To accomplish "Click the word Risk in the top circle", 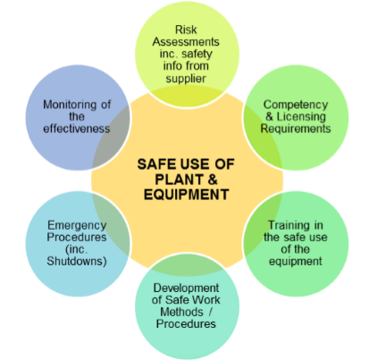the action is point(186,29).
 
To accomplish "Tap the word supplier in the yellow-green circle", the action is point(186,79).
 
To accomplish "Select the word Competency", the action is point(296,105).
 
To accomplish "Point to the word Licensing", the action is point(301,117).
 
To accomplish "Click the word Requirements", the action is point(296,129).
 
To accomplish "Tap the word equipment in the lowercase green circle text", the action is point(296,262).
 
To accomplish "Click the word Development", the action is point(186,289).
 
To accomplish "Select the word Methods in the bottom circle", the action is point(181,312).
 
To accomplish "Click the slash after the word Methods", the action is point(210,312).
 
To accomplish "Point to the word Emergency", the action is point(77,226).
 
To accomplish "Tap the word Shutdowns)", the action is point(77,261).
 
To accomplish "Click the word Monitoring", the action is point(70,105).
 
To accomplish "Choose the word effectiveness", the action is point(77,129).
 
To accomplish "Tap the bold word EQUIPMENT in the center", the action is point(186,195).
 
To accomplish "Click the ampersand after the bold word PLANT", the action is point(213,180).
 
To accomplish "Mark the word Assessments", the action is point(186,42).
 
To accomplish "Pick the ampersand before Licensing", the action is point(269,117).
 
